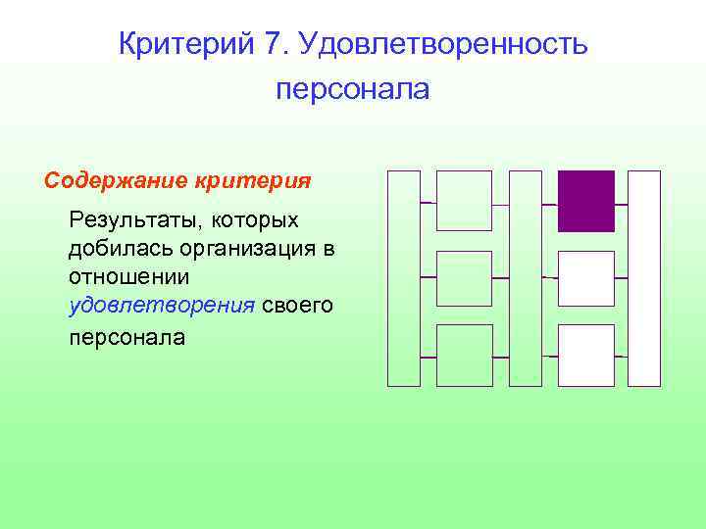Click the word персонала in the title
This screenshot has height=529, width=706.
pyautogui.click(x=353, y=90)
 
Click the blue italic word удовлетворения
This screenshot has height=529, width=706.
pyautogui.click(x=162, y=306)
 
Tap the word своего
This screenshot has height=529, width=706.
pyautogui.click(x=298, y=306)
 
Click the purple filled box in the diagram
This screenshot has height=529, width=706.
pyautogui.click(x=586, y=201)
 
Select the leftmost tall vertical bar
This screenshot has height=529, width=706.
pyautogui.click(x=404, y=278)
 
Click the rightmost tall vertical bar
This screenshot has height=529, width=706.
pyautogui.click(x=644, y=278)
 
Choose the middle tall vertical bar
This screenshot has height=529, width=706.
pyautogui.click(x=526, y=278)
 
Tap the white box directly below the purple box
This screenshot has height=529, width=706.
pyautogui.click(x=586, y=278)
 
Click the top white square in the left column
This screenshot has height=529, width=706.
pyautogui.click(x=464, y=201)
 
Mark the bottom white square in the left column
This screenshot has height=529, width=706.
pyautogui.click(x=464, y=355)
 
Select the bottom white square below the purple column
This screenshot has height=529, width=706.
pyautogui.click(x=586, y=355)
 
